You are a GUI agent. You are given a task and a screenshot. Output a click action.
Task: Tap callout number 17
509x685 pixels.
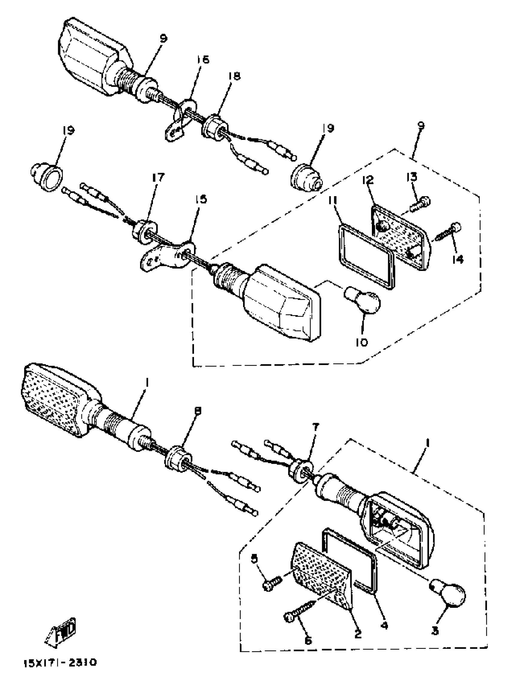tap(158, 178)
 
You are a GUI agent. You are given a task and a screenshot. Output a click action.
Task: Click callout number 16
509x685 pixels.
tap(203, 60)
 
